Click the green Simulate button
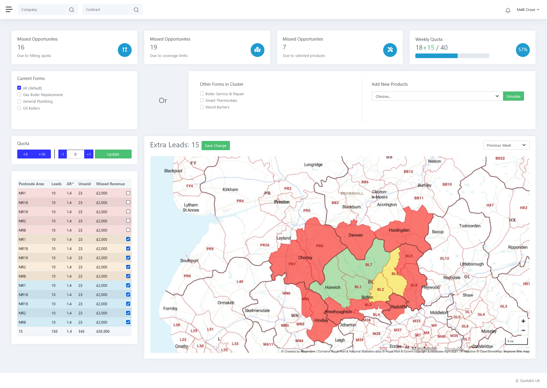click(513, 96)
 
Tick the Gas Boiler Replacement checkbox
click(19, 95)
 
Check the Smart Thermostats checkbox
click(202, 100)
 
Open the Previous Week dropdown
click(506, 145)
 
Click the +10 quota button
click(42, 154)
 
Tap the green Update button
click(113, 154)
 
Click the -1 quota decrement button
click(62, 154)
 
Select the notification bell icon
click(508, 10)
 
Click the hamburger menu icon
click(9, 9)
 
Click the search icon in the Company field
click(72, 10)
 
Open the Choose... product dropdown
click(437, 96)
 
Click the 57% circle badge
click(523, 50)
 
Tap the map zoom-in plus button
click(523, 321)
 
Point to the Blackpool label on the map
click(173, 171)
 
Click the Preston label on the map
click(282, 202)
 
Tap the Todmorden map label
click(469, 226)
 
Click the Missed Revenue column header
click(110, 184)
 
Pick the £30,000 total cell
click(103, 331)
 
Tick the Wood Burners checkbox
click(202, 107)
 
